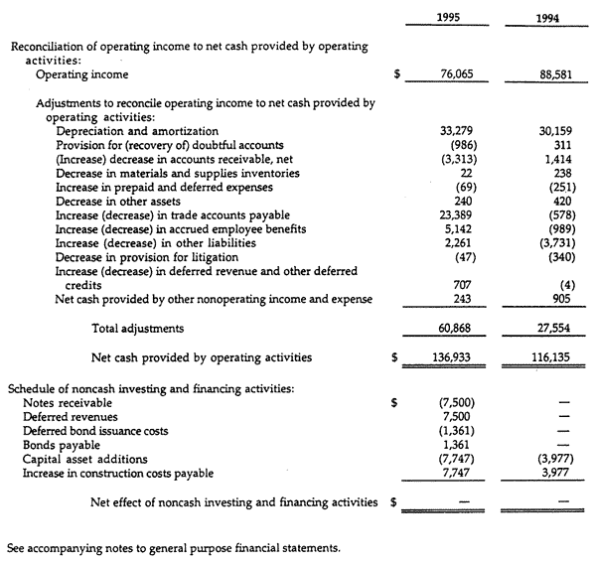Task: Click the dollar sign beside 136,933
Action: [x=394, y=357]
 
